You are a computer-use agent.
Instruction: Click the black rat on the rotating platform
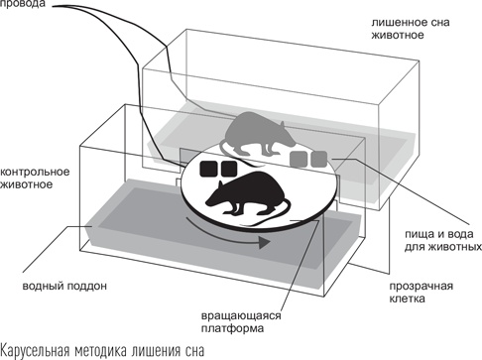click(x=246, y=195)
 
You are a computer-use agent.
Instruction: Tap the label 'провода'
click(x=23, y=4)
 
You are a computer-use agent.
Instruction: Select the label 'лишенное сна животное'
click(x=411, y=29)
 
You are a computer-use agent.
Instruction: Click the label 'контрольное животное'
click(x=35, y=178)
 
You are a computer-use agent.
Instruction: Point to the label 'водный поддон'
click(x=64, y=286)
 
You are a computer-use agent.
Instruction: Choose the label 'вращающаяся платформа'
click(x=241, y=322)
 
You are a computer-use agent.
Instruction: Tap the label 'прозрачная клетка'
click(x=421, y=293)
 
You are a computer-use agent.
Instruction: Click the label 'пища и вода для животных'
click(x=443, y=240)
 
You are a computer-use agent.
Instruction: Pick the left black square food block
click(x=208, y=169)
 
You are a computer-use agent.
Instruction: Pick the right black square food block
click(x=229, y=169)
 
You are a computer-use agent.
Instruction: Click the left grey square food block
click(x=299, y=159)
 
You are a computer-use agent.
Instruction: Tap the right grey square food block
click(x=319, y=159)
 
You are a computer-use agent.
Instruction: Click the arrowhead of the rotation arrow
click(x=264, y=242)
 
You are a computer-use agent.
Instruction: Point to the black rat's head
click(x=215, y=197)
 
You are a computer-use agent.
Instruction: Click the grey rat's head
click(x=287, y=135)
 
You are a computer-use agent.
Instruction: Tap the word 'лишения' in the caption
click(x=154, y=351)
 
